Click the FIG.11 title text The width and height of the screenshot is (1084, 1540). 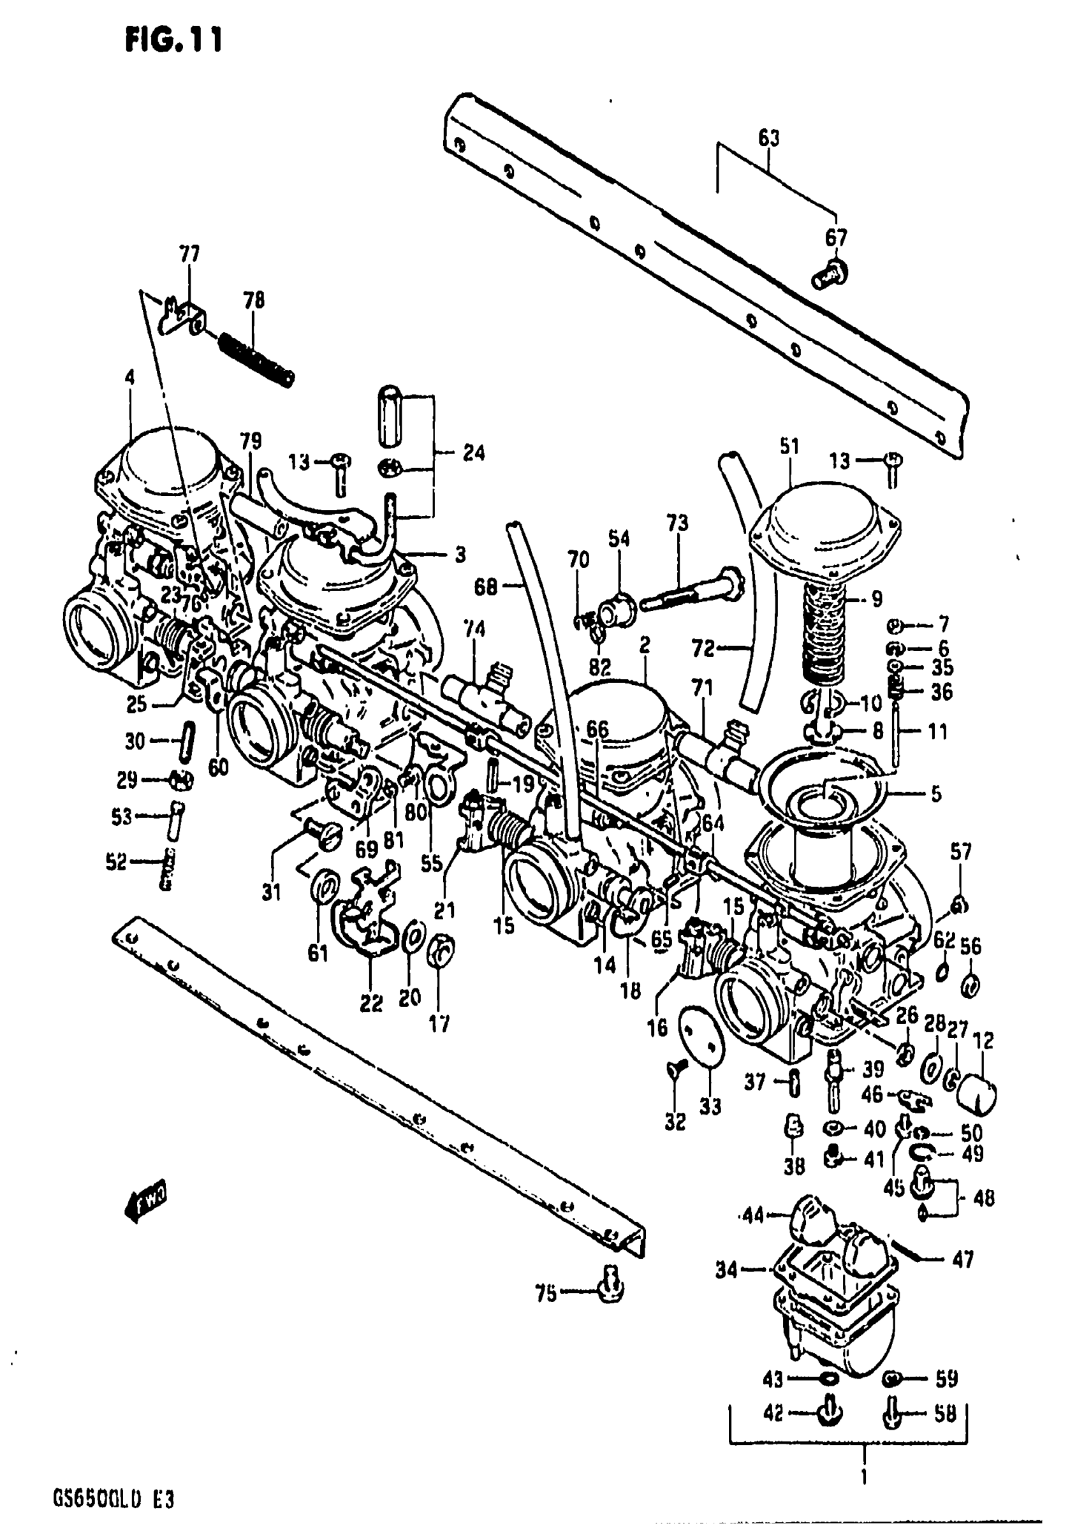pyautogui.click(x=173, y=40)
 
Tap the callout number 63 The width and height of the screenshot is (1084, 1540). pyautogui.click(x=769, y=139)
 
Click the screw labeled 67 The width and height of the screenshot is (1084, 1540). pyautogui.click(x=830, y=274)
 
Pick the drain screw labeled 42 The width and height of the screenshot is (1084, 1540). pyautogui.click(x=830, y=1412)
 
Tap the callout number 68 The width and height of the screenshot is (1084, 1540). pyautogui.click(x=486, y=587)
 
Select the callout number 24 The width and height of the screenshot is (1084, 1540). pyautogui.click(x=474, y=453)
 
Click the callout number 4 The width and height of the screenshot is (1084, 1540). pyautogui.click(x=129, y=378)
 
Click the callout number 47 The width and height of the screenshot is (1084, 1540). pyautogui.click(x=963, y=1260)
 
